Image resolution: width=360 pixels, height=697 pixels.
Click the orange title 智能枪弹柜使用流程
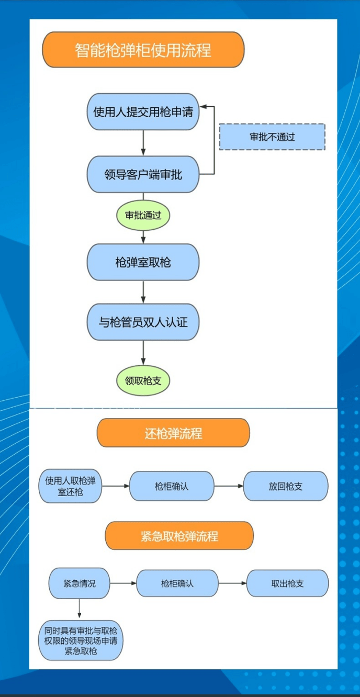(x=143, y=50)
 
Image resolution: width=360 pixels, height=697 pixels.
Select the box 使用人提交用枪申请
(x=143, y=111)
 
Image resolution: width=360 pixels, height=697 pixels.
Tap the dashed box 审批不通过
(x=272, y=137)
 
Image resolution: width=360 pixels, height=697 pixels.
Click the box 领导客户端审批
(x=143, y=174)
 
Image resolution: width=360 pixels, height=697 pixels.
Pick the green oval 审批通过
(x=143, y=215)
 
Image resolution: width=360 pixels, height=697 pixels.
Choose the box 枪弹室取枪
(x=143, y=262)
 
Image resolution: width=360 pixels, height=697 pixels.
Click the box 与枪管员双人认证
(x=143, y=321)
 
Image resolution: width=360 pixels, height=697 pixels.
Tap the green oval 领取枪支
(x=143, y=380)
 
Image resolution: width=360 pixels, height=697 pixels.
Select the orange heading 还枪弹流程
(x=173, y=433)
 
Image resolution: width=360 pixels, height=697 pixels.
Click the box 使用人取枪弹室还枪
(x=70, y=486)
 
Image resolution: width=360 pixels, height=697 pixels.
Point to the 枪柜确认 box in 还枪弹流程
(x=172, y=486)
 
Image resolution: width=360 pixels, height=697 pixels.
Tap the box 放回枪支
(x=286, y=486)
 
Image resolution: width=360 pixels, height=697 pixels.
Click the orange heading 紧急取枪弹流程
(x=179, y=536)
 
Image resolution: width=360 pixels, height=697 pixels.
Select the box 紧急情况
(x=80, y=583)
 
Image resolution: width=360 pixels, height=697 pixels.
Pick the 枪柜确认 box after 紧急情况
(x=177, y=583)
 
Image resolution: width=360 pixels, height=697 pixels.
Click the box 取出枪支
(x=287, y=583)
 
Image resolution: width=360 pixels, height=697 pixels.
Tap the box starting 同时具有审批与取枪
(x=81, y=640)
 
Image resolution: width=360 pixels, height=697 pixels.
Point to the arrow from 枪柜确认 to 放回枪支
(x=229, y=486)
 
